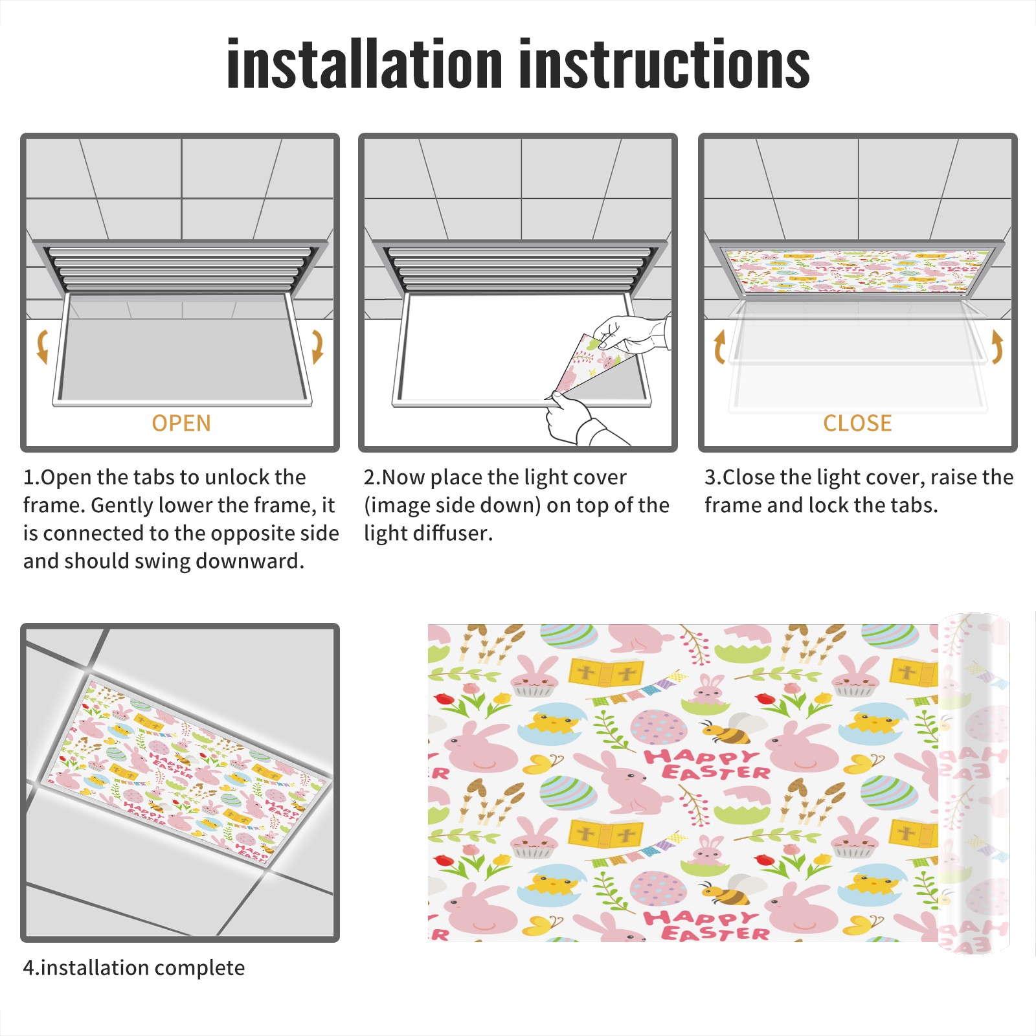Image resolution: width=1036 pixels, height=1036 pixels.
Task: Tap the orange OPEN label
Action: tap(181, 423)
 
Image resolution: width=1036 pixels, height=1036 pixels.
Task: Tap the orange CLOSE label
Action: tap(857, 423)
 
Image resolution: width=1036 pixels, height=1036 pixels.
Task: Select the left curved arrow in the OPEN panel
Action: tap(43, 346)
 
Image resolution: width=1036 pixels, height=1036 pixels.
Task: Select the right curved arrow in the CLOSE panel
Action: tap(997, 346)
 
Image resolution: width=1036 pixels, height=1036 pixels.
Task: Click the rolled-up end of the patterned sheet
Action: tap(974, 783)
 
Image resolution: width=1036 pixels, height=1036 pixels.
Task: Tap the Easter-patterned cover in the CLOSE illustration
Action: tap(858, 270)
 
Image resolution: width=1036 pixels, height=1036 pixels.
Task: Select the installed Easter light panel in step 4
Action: tap(185, 769)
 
